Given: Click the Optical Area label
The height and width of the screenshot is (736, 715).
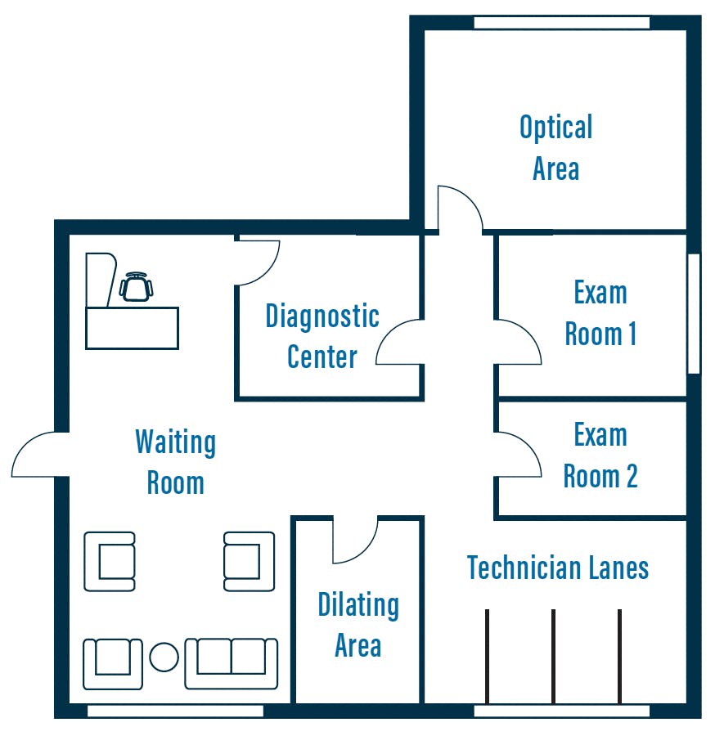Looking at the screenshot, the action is [x=555, y=147].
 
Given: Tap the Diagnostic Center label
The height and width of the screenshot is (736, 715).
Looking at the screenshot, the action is [x=322, y=336].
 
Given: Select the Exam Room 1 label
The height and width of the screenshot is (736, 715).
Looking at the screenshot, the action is [x=600, y=313].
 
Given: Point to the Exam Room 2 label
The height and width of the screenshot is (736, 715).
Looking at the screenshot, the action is [x=600, y=456].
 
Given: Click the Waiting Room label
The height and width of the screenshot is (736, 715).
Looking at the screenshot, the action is [x=176, y=462].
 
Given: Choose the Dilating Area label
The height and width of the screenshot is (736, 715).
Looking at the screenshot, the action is [x=358, y=624].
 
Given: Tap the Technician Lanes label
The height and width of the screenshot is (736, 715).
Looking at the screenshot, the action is [x=558, y=568].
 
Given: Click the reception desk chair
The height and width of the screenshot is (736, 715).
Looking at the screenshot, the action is [x=136, y=287].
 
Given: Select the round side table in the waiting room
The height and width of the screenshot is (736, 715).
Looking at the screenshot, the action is [x=164, y=657].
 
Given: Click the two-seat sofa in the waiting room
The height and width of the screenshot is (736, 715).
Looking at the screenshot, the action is [x=231, y=664].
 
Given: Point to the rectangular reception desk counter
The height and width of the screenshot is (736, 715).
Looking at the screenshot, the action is [x=132, y=328].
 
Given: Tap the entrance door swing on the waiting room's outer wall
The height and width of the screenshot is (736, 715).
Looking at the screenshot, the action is [x=40, y=455].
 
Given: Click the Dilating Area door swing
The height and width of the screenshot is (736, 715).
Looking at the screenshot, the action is [x=355, y=540].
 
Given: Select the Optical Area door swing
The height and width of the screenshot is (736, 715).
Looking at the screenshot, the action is [x=460, y=209].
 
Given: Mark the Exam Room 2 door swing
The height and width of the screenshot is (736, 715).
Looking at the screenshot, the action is [x=518, y=455].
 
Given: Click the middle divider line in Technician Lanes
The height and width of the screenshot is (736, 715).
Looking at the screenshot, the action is [x=554, y=656].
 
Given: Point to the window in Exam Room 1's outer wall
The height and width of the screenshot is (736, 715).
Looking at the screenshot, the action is [x=694, y=313].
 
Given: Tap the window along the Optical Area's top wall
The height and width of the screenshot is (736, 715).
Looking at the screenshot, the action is [x=562, y=22].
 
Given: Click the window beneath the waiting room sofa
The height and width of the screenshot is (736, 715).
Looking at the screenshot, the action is [x=176, y=711].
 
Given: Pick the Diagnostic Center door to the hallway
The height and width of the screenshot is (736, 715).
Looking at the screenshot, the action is [x=399, y=342].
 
